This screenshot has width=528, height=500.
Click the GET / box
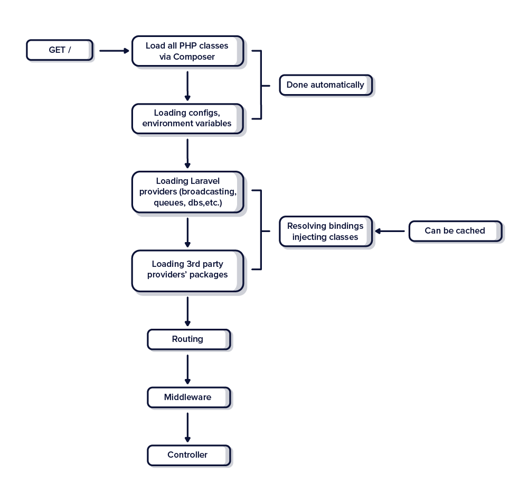60,50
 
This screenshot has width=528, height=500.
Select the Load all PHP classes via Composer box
187,51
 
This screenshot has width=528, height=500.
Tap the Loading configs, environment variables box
187,118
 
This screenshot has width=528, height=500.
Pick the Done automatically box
325,85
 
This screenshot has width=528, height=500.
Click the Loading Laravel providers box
187,192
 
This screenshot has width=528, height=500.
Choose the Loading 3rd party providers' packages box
187,270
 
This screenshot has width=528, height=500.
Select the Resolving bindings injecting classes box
325,232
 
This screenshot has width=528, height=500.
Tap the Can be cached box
455,231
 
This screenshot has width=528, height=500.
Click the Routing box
188,339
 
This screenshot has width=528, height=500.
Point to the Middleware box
188,397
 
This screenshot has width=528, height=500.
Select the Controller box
188,455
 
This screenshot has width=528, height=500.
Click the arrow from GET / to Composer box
114,51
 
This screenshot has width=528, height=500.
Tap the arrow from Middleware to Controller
187,426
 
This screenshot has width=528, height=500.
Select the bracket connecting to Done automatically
261,85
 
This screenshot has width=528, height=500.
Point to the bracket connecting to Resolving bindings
261,230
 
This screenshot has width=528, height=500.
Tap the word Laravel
205,181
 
